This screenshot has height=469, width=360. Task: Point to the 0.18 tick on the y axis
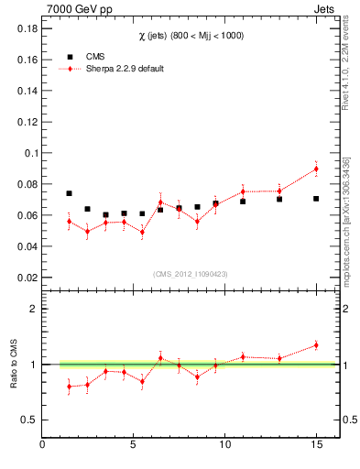pyautogui.click(x=26, y=28)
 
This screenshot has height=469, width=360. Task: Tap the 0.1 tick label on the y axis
pyautogui.click(x=29, y=153)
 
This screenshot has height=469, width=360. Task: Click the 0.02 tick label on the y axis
pyautogui.click(x=26, y=278)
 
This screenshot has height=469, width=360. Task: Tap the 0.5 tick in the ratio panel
pyautogui.click(x=28, y=420)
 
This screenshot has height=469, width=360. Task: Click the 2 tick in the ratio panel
pyautogui.click(x=33, y=309)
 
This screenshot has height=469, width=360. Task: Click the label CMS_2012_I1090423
pyautogui.click(x=190, y=274)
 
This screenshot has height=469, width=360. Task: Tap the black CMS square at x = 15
pyautogui.click(x=316, y=199)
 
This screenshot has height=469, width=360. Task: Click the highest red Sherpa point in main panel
pyautogui.click(x=316, y=169)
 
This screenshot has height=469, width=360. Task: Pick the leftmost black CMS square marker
pyautogui.click(x=69, y=193)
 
